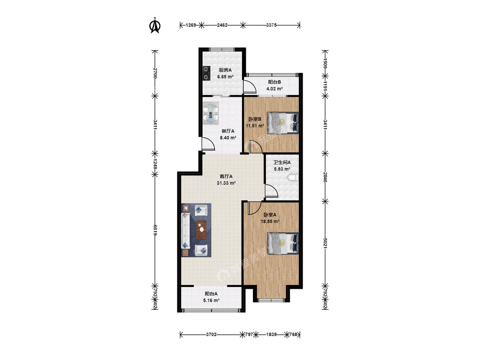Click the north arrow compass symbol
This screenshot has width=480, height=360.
click(x=155, y=25)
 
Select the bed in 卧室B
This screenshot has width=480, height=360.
click(x=283, y=123)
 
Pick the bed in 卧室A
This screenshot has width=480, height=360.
click(x=283, y=244)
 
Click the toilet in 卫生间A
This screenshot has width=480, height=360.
click(x=294, y=177)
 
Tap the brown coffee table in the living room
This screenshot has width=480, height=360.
click(x=201, y=230)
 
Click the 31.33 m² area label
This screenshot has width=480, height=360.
click(x=226, y=183)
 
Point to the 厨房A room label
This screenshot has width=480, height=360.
click(x=225, y=70)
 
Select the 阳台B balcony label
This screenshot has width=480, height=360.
click(x=274, y=82)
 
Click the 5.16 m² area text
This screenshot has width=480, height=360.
click(x=211, y=301)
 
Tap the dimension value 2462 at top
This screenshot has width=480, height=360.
click(x=222, y=25)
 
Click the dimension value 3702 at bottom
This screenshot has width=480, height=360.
click(x=211, y=334)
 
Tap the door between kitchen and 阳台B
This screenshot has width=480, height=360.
click(x=250, y=86)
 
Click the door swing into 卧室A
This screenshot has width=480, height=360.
click(x=255, y=208)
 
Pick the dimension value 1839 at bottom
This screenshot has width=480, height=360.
click(x=271, y=334)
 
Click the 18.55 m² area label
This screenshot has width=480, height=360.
click(x=270, y=221)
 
